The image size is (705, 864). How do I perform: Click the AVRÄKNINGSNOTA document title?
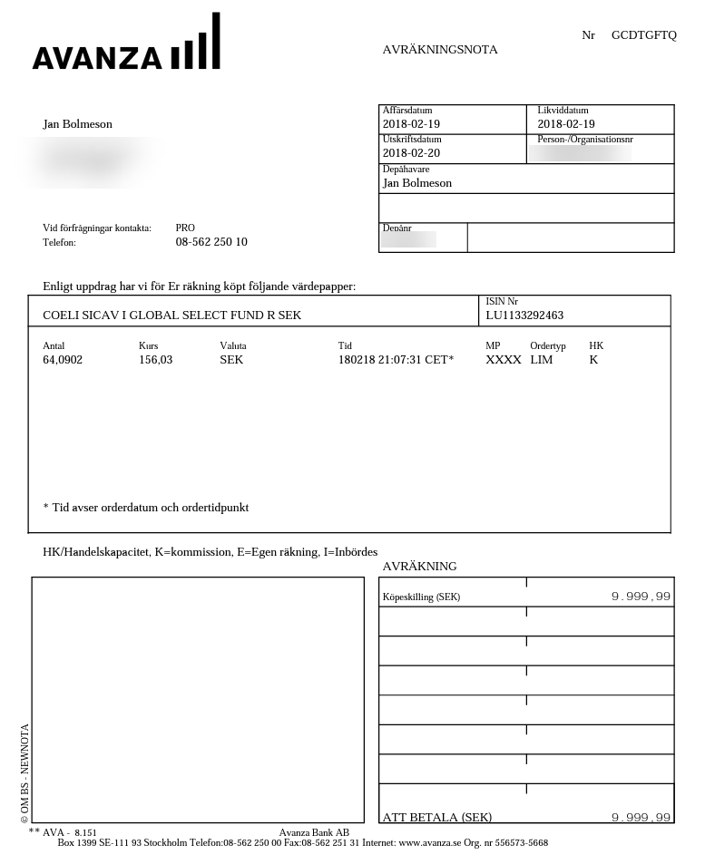pos(440,50)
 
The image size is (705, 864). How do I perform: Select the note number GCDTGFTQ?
pos(643,35)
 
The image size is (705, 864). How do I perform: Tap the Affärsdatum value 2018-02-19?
pos(411,124)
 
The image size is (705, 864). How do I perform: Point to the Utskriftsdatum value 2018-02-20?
pos(411,153)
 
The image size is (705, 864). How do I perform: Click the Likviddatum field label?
pos(563,111)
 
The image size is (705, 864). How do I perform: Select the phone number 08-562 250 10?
pos(211,242)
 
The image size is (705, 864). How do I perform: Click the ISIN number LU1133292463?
pos(524,316)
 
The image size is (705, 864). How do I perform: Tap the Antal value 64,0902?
pos(63,360)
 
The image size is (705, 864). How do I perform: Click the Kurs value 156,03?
pos(155,360)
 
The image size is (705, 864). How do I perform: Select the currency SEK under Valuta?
pos(231,360)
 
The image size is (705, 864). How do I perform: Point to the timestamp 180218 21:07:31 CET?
pos(396,360)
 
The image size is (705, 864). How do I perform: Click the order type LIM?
pos(542,360)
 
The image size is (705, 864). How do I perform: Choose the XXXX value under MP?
pos(504,360)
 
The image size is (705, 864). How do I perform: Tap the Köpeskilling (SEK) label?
pos(421,597)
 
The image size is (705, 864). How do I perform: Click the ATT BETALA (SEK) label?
pos(436,817)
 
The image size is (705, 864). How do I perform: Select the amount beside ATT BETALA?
pos(641,818)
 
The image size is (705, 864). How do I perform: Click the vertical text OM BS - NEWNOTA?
pos(24,773)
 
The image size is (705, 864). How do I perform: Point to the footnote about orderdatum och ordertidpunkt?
pos(146,508)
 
